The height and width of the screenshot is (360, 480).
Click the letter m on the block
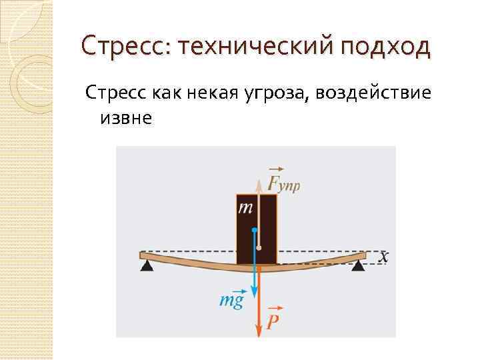pos(245,208)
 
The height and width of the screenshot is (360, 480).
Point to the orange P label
pos(273,323)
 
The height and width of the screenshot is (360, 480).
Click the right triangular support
pos(359,267)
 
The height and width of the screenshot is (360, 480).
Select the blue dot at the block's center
pos(254,230)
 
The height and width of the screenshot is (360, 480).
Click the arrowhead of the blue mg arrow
pos(254,291)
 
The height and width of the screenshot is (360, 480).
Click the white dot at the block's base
pos(259,248)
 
